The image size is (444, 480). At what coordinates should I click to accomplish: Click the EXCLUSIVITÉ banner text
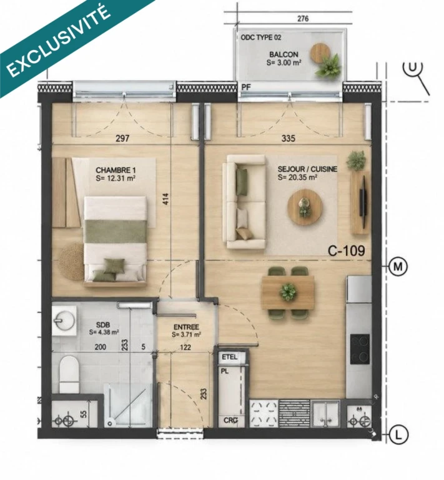(x=58, y=41)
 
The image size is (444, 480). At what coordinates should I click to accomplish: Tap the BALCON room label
(x=284, y=54)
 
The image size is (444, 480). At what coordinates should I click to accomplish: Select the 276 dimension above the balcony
(x=303, y=19)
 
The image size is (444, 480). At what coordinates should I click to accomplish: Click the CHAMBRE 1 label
(x=116, y=170)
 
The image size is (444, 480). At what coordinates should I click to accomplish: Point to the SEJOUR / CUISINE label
(x=308, y=169)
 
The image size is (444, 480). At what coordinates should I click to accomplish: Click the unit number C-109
(x=347, y=251)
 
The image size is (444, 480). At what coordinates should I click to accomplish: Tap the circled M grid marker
(x=398, y=267)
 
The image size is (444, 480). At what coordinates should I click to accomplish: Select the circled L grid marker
(x=398, y=435)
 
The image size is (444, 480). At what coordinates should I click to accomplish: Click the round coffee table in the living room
(x=305, y=207)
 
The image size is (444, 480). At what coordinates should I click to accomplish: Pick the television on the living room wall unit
(x=363, y=202)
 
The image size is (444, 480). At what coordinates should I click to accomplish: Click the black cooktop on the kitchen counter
(x=360, y=349)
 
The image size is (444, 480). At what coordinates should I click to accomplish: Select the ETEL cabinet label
(x=229, y=357)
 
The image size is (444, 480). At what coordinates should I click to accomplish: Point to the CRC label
(x=230, y=420)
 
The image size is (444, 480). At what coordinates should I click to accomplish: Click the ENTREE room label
(x=186, y=327)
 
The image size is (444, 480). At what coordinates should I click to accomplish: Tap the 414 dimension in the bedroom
(x=165, y=199)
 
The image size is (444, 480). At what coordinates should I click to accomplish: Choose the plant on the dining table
(x=288, y=291)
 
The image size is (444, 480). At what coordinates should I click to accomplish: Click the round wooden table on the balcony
(x=320, y=52)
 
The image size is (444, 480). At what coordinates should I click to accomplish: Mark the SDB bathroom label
(x=103, y=325)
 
